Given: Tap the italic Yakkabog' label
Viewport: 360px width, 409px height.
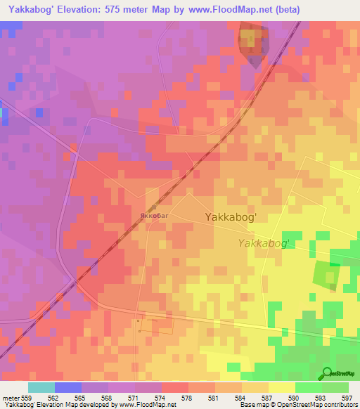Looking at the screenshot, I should click(x=264, y=243).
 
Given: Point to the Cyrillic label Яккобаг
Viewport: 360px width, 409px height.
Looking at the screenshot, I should click(x=154, y=216).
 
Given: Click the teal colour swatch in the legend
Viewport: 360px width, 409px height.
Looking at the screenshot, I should click(x=41, y=387).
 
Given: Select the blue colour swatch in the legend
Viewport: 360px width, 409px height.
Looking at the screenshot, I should click(x=68, y=387).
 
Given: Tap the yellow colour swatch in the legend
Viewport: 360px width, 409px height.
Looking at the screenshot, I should click(x=282, y=387).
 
